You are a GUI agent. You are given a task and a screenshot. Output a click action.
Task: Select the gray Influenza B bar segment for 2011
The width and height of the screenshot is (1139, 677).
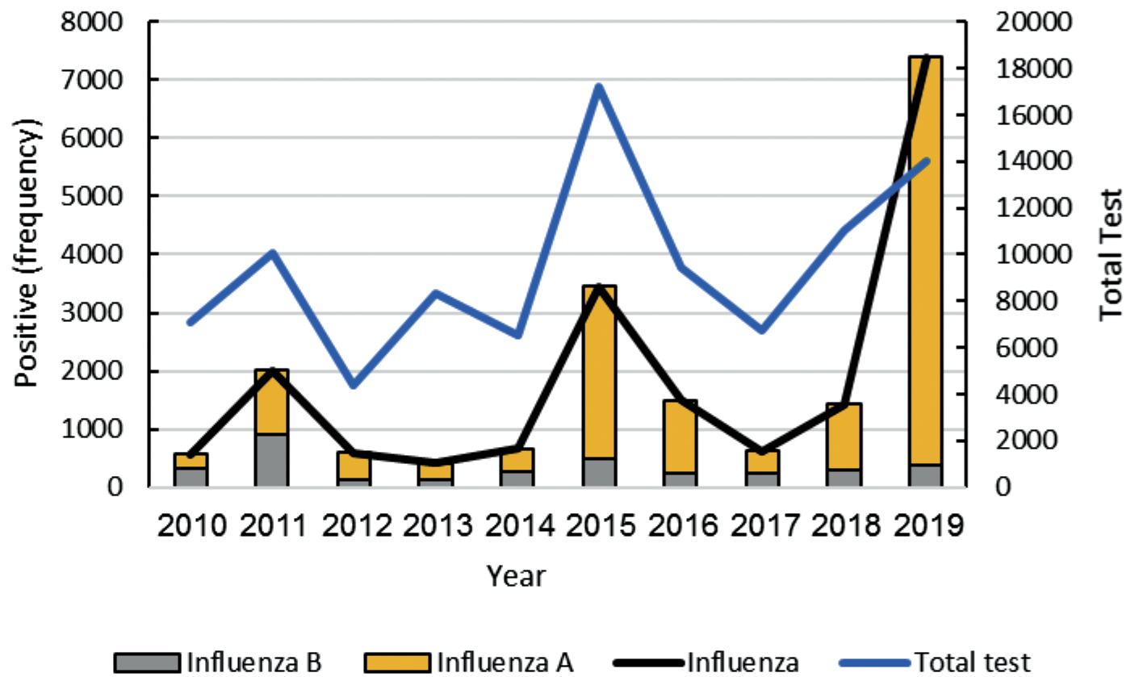272,460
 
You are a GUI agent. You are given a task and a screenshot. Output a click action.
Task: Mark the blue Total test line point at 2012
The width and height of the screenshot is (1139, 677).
354,385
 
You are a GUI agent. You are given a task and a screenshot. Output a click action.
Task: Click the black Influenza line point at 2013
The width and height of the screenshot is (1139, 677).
435,463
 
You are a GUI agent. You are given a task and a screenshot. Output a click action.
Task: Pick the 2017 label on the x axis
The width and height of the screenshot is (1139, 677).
761,528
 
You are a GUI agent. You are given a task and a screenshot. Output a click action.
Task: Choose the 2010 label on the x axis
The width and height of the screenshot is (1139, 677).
191,528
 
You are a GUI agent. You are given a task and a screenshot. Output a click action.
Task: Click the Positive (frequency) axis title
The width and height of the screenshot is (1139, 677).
29,253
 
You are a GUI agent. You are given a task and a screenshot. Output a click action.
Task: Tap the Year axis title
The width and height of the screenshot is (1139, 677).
516,576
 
